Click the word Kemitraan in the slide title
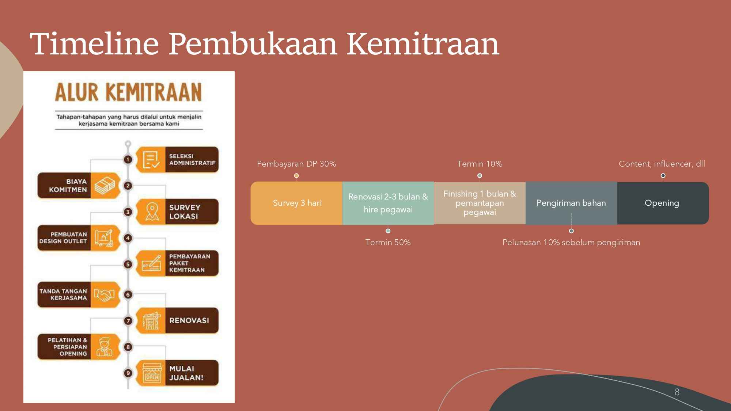click(423, 44)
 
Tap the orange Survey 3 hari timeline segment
click(297, 203)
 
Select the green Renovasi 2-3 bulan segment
click(388, 203)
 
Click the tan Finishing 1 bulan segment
click(480, 203)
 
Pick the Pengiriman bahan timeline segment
click(571, 203)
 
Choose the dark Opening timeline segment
click(662, 203)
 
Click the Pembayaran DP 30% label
click(296, 164)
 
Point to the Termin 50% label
click(388, 243)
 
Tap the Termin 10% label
click(480, 164)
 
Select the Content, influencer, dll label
click(662, 164)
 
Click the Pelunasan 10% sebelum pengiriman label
click(571, 243)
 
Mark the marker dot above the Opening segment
click(663, 176)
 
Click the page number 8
click(677, 392)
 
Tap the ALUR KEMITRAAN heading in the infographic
click(128, 92)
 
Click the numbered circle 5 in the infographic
click(128, 264)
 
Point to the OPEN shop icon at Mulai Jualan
click(152, 373)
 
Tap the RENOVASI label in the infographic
click(189, 320)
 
